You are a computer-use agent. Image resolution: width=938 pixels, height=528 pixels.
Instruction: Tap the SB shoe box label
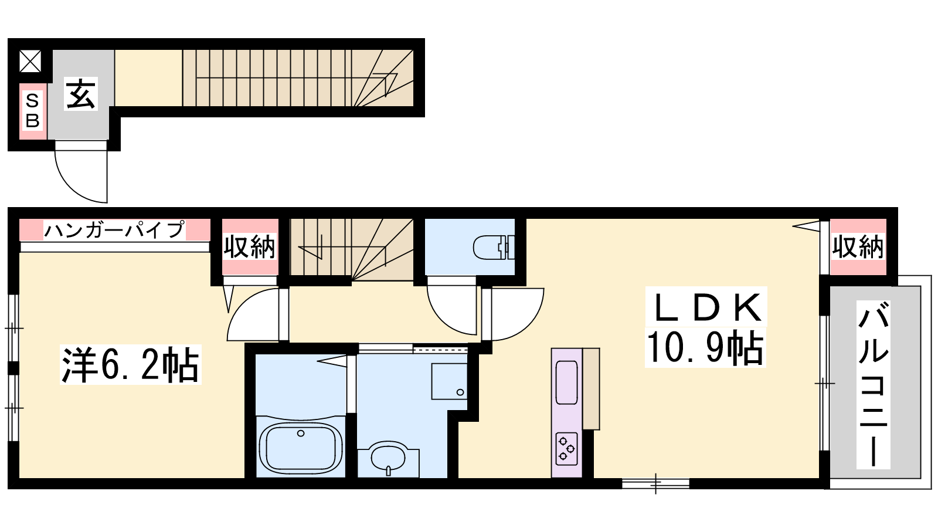tap(33, 111)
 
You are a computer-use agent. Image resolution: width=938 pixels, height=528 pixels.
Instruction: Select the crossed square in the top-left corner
tap(30, 62)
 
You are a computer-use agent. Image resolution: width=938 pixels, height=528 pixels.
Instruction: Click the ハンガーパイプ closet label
tap(114, 229)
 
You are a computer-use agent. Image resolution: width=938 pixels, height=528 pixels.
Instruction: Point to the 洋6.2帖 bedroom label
tap(131, 364)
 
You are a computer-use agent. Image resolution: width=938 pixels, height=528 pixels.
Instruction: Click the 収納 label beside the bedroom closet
tap(250, 247)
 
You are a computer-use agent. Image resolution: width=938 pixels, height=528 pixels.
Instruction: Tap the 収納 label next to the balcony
tap(858, 247)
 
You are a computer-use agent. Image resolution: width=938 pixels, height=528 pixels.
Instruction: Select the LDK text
tap(706, 307)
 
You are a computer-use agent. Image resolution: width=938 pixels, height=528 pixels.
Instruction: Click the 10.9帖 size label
tap(705, 347)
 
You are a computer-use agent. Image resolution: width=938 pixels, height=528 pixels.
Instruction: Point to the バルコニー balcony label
tap(873, 384)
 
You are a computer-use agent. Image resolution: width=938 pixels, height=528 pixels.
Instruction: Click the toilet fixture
tap(493, 248)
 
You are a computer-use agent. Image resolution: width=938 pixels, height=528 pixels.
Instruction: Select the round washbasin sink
tap(388, 457)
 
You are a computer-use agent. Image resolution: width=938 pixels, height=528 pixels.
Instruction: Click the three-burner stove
tap(566, 449)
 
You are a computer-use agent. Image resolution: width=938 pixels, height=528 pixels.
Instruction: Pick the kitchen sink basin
tap(566, 382)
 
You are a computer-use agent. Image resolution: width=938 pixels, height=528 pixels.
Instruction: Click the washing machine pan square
tap(449, 381)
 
